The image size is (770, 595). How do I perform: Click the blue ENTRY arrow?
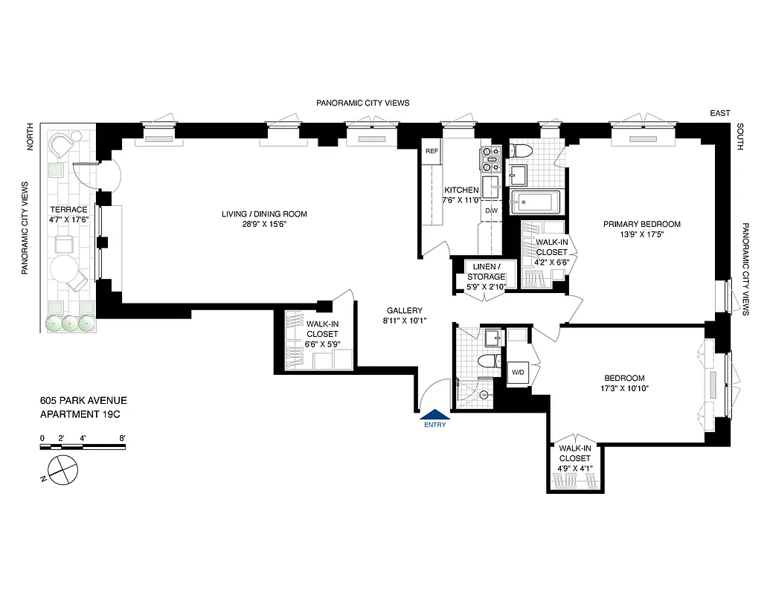pyautogui.click(x=434, y=416)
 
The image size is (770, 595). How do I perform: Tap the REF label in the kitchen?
pyautogui.click(x=431, y=152)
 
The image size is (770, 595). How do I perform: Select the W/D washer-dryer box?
pyautogui.click(x=518, y=371)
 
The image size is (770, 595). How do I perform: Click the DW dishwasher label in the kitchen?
pyautogui.click(x=491, y=210)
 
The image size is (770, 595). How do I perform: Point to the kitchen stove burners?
pyautogui.click(x=491, y=157)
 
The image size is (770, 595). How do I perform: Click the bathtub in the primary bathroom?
pyautogui.click(x=534, y=202)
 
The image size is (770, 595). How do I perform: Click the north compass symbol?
pyautogui.click(x=61, y=471)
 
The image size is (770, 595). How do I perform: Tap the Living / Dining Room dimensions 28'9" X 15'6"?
pyautogui.click(x=263, y=224)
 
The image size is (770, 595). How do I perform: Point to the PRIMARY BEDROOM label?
pyautogui.click(x=641, y=224)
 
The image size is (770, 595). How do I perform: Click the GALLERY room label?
pyautogui.click(x=404, y=311)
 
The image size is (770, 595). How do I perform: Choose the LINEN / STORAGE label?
pyautogui.click(x=486, y=271)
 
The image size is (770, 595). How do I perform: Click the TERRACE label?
pyautogui.click(x=68, y=210)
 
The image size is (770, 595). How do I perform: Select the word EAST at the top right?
pyautogui.click(x=719, y=113)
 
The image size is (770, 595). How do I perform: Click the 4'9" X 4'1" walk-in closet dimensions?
pyautogui.click(x=575, y=469)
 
